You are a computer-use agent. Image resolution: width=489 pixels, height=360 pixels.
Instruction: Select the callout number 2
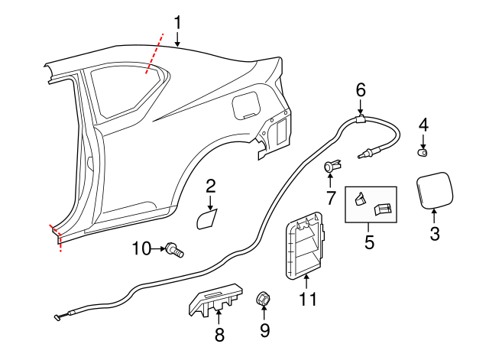pos(210,186)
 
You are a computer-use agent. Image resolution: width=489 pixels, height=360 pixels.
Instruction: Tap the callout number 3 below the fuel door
pos(434,235)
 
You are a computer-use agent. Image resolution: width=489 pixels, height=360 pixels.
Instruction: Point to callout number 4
pos(423,124)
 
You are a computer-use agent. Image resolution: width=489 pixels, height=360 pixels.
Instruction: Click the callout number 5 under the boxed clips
pos(370,243)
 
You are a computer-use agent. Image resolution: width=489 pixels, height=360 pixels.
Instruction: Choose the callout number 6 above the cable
pos(361,89)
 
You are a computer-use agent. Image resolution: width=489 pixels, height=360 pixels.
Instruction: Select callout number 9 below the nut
pos(265,331)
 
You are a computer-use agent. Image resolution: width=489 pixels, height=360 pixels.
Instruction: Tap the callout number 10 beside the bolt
pos(142,248)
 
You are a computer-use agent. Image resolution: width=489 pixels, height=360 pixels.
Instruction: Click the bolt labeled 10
pos(175,249)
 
